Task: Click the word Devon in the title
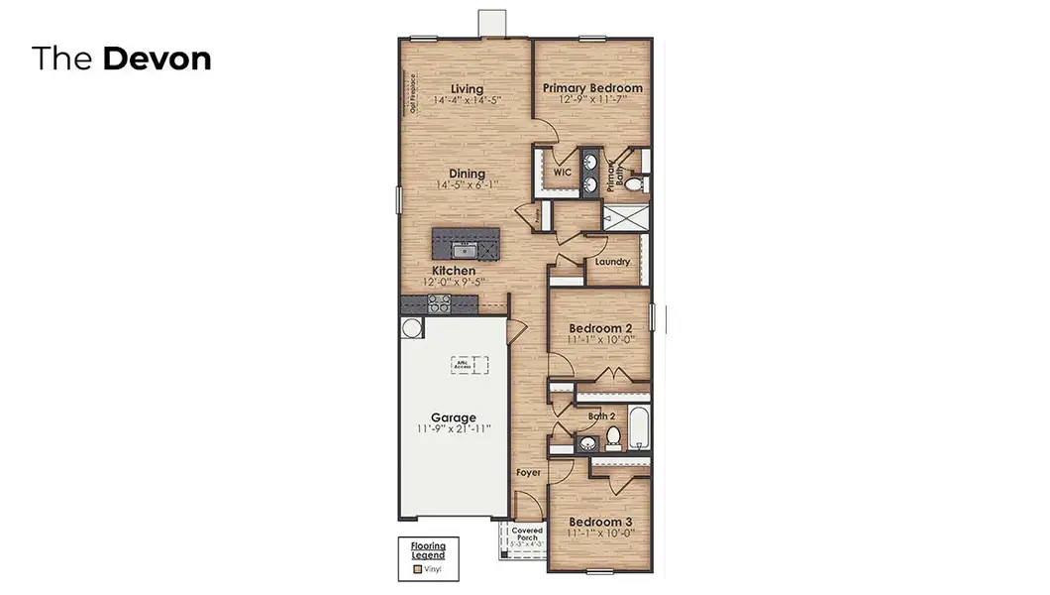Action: (157, 59)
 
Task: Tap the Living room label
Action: (467, 88)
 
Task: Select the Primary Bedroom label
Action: (592, 87)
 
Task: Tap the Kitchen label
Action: (453, 270)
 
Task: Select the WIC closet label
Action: (563, 172)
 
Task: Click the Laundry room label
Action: (612, 262)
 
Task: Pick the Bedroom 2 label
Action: (600, 328)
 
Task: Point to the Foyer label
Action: (529, 472)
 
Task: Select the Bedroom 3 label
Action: (600, 522)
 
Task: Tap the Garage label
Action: (453, 417)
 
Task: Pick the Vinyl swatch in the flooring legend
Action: (418, 570)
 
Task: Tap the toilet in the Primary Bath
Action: (638, 182)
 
